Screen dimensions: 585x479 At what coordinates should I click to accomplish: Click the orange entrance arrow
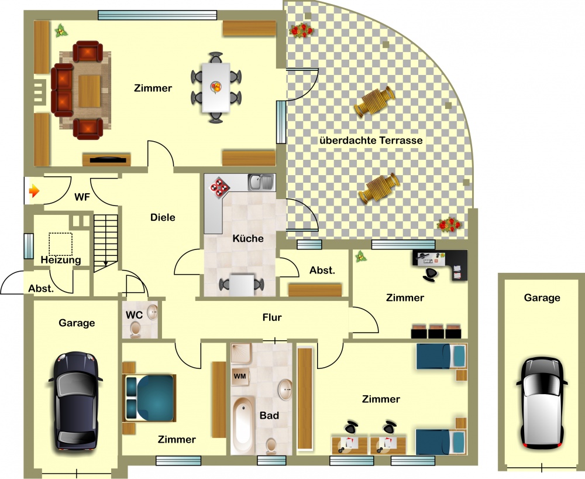coord(34,191)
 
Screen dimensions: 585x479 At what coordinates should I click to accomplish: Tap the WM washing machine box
coord(239,376)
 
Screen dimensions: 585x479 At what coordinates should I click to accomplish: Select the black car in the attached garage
coord(75,401)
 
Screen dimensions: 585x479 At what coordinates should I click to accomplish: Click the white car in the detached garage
coord(542,403)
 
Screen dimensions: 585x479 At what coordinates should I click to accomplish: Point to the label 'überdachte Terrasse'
coord(371,141)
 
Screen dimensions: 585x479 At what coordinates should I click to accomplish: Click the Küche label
coord(247,238)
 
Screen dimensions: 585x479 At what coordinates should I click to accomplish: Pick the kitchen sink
coord(261,182)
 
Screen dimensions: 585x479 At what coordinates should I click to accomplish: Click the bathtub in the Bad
coord(243,425)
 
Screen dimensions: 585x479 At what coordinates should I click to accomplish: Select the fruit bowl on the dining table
coord(216,87)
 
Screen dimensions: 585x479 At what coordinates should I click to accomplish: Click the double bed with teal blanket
coord(149,398)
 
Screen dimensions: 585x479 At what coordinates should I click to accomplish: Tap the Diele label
coord(163,217)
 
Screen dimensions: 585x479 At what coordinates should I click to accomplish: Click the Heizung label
coord(61,260)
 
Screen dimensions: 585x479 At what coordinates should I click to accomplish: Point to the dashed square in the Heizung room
coord(60,244)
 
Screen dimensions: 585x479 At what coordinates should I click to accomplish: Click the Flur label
coord(272,317)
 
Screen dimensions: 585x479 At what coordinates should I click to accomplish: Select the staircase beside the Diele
coord(105,242)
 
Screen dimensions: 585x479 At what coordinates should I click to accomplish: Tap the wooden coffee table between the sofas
coord(89,91)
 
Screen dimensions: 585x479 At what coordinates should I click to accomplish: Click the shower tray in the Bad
coord(241,354)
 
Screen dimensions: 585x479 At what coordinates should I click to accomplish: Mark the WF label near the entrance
coord(82,197)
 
